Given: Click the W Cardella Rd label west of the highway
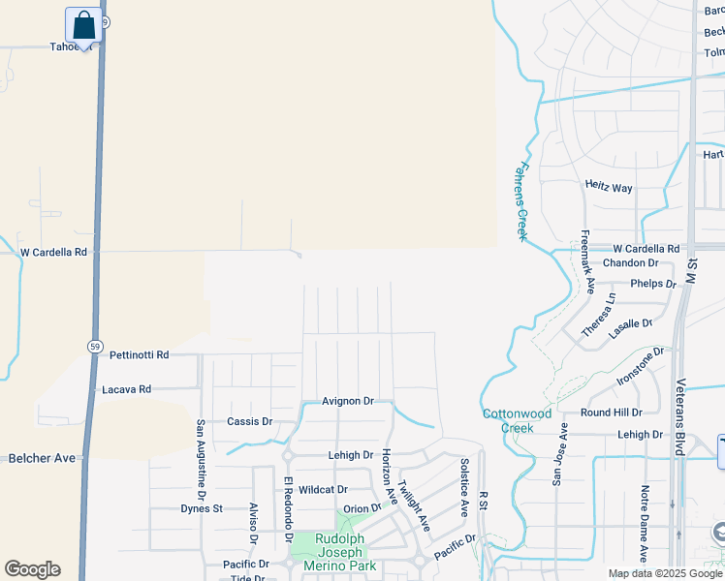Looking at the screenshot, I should [x=54, y=252].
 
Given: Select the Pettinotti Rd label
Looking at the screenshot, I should [x=139, y=355].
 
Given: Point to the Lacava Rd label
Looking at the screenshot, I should [x=127, y=389].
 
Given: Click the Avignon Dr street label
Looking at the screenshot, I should [x=348, y=401].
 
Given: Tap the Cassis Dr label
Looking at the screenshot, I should [x=249, y=422].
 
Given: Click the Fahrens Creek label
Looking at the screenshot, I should [x=520, y=200].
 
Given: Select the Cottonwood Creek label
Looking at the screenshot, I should [x=517, y=420].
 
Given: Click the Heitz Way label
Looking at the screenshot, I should [x=609, y=185].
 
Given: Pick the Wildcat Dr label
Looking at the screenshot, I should [x=323, y=490].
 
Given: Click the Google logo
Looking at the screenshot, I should [x=32, y=569].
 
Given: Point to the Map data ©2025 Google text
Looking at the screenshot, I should [x=664, y=573].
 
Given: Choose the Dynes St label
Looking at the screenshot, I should [x=202, y=508].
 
